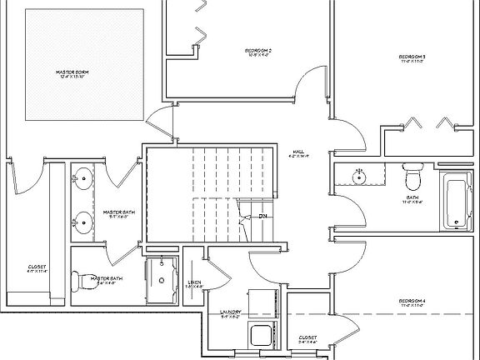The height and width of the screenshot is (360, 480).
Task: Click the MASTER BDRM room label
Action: click(x=72, y=73)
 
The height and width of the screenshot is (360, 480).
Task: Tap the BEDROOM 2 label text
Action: click(x=259, y=52)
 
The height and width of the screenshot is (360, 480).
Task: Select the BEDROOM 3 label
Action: click(x=412, y=57)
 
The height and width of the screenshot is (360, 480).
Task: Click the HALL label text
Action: click(x=297, y=152)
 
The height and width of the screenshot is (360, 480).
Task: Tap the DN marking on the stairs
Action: click(x=262, y=217)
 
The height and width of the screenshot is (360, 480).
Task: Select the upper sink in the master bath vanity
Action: click(x=83, y=177)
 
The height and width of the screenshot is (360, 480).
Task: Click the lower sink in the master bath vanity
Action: click(x=83, y=221)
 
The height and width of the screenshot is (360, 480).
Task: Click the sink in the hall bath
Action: click(x=359, y=177)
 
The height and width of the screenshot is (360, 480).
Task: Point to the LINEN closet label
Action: click(x=195, y=282)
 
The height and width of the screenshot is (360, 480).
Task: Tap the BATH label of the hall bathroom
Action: click(x=412, y=198)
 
